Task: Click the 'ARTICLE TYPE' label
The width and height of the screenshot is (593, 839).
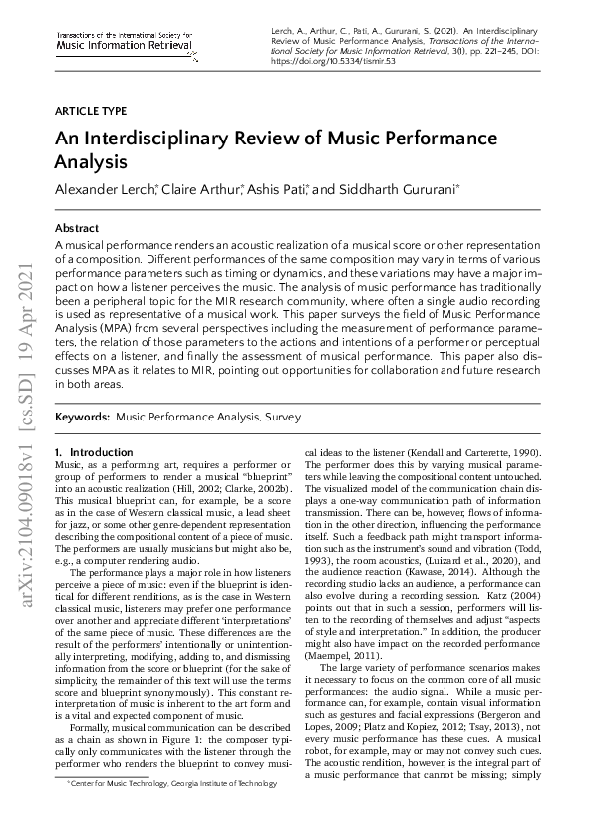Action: (91, 111)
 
